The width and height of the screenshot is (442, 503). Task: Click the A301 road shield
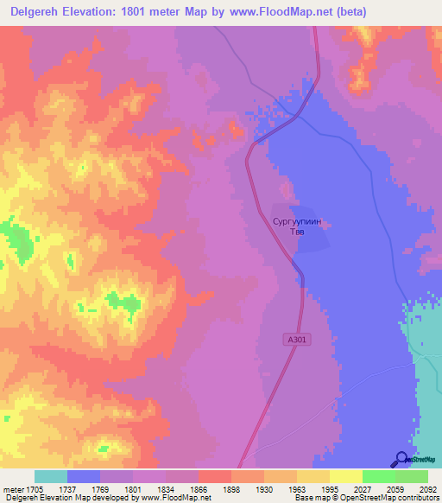[297, 341]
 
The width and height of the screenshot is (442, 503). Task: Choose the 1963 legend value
[295, 488]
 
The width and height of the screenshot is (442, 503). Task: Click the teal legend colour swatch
[51, 476]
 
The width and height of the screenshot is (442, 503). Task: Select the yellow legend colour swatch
[345, 476]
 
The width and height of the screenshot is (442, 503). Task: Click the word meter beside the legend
[16, 488]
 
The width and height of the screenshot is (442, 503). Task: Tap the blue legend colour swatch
[84, 476]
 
